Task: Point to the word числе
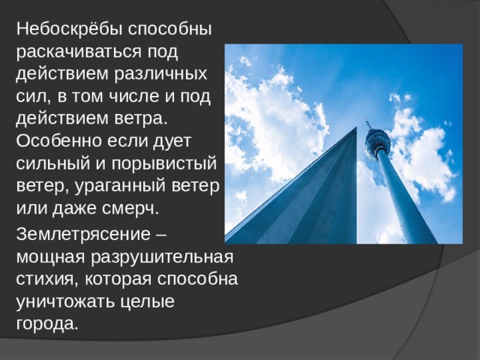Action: tap(130, 97)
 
